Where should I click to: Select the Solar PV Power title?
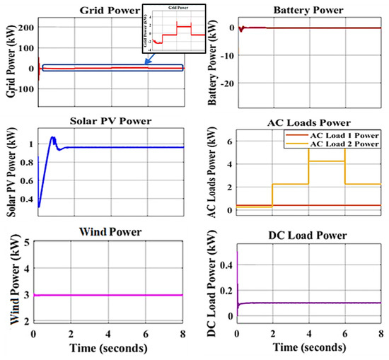[108, 118]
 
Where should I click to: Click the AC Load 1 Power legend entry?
[337, 134]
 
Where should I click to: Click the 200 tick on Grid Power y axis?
[25, 28]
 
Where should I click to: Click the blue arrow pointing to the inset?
[150, 60]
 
